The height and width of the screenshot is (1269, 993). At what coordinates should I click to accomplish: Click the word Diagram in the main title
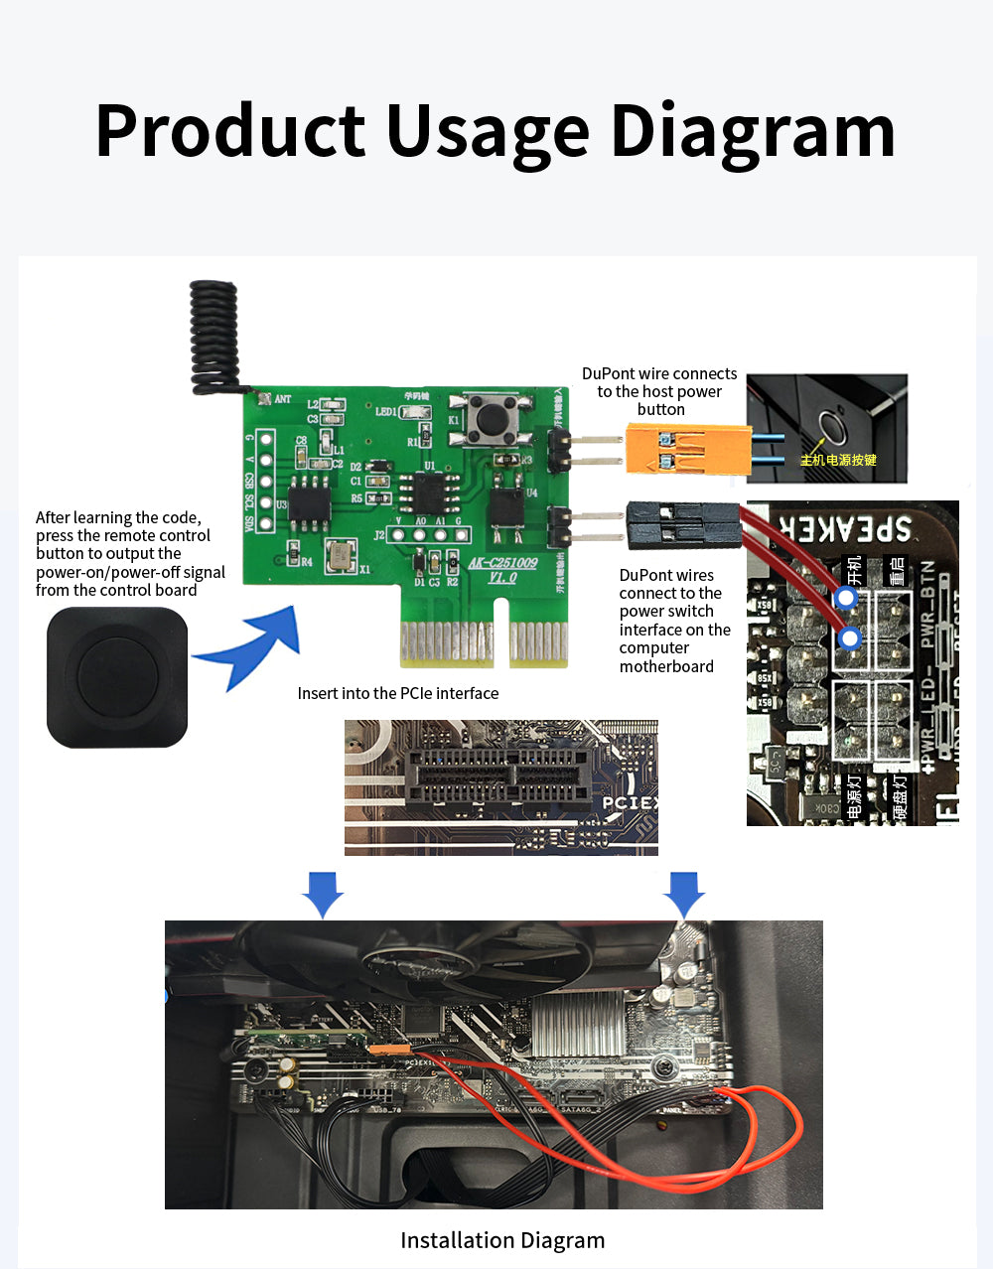753,132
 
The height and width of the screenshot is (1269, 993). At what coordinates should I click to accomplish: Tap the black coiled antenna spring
214,333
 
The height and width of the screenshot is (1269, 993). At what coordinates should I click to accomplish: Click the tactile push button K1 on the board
489,418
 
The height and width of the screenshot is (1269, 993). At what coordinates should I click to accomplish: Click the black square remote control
117,678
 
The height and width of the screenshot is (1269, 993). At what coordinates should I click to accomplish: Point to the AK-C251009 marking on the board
502,563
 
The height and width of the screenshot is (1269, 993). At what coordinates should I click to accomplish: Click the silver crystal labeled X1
342,556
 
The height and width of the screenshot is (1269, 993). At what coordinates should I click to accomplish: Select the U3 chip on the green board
309,505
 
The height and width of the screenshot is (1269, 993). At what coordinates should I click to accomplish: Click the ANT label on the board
282,399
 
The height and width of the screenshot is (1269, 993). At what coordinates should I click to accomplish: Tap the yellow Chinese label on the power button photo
838,460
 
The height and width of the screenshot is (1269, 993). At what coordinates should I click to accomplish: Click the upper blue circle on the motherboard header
846,598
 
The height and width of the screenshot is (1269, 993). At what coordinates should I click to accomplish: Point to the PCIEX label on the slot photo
630,802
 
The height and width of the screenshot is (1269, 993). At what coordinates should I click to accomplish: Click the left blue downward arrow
323,894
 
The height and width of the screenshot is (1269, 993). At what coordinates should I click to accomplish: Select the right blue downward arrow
683,894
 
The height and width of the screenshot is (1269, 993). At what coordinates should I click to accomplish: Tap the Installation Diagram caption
502,1240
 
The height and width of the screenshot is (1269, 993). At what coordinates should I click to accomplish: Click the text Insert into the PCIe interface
398,693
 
